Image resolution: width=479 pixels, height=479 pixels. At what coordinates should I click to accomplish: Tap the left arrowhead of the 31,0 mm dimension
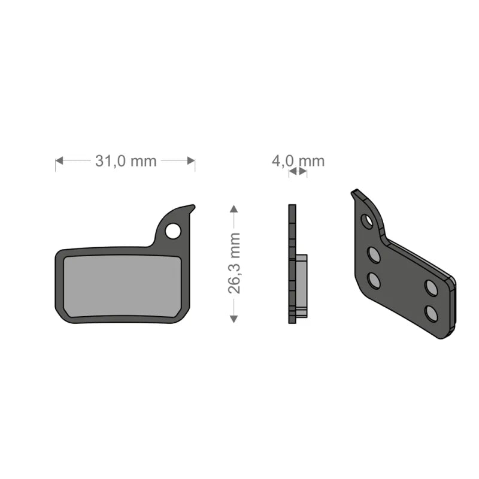point(59,160)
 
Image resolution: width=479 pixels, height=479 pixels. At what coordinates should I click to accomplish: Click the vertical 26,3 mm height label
point(234,263)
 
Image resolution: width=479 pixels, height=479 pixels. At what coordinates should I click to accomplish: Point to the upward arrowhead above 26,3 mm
point(234,208)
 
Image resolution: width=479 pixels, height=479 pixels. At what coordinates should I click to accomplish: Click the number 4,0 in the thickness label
point(283,160)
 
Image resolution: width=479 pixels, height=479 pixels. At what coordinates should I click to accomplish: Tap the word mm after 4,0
point(311,160)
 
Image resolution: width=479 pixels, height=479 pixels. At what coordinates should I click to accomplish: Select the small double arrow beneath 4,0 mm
point(298,172)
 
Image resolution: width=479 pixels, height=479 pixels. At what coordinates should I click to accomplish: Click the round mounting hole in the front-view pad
point(173,231)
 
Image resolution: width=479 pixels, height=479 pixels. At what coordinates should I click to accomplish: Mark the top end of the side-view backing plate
point(292,207)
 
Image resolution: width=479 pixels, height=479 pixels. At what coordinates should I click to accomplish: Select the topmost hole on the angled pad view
point(367,221)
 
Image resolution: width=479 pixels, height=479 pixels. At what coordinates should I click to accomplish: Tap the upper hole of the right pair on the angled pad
point(431,287)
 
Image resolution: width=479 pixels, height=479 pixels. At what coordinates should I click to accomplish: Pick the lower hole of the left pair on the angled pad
point(374,279)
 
